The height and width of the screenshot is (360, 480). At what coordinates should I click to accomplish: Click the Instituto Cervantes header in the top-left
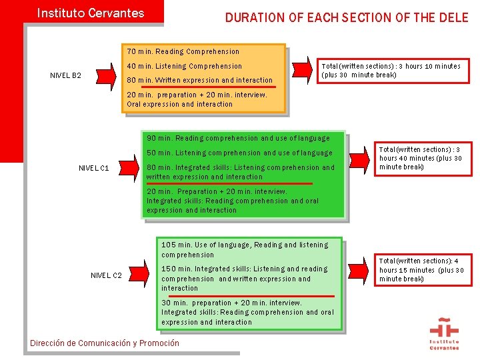click(90, 13)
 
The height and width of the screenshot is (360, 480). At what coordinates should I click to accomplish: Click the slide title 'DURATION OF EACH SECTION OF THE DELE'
click(347, 18)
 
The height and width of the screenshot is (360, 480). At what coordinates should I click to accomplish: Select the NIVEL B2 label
click(66, 75)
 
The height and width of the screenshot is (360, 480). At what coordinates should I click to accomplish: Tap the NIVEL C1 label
click(94, 168)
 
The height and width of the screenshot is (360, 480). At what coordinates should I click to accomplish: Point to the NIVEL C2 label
click(106, 275)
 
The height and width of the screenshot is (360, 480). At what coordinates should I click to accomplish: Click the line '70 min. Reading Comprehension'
click(183, 51)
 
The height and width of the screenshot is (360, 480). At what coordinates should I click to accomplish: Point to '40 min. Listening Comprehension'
click(184, 66)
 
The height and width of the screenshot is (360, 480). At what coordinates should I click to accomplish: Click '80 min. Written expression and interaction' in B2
click(199, 81)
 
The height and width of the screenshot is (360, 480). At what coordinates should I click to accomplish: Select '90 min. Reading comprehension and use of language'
click(238, 138)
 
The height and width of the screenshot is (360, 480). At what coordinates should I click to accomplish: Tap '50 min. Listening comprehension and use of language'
click(239, 153)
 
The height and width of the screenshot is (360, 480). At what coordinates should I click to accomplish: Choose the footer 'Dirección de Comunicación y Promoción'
click(105, 343)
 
